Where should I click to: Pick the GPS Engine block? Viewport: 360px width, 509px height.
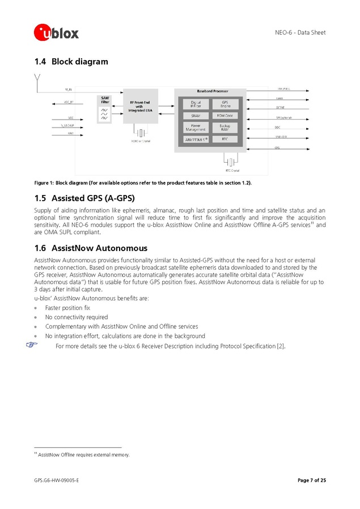(x=225, y=104)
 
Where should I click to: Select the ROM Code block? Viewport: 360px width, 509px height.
(x=225, y=116)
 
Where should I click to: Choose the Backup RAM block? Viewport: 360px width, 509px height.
(x=225, y=127)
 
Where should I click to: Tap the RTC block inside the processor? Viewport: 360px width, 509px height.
(x=225, y=139)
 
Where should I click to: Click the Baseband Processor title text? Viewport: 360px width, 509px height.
(x=210, y=91)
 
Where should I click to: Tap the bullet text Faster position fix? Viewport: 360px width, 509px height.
(x=67, y=308)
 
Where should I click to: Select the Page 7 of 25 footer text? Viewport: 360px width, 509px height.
(x=311, y=481)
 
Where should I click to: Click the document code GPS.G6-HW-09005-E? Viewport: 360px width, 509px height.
(x=56, y=481)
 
